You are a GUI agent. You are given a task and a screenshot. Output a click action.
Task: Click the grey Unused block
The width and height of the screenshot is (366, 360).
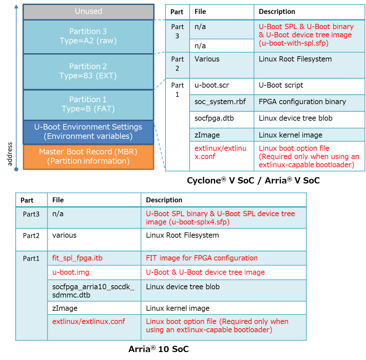(x=88, y=12)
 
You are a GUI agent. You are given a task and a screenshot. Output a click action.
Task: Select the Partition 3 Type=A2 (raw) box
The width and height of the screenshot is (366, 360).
(x=88, y=36)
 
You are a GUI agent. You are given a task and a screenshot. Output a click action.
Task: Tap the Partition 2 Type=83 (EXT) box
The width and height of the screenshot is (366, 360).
(x=88, y=71)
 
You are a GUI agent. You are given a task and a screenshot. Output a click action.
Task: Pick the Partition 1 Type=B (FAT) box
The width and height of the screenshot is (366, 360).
(x=88, y=104)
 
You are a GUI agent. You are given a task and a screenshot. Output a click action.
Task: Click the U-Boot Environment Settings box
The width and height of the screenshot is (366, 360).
(x=88, y=132)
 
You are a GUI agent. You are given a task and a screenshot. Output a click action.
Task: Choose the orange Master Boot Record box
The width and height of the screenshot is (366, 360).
(x=88, y=157)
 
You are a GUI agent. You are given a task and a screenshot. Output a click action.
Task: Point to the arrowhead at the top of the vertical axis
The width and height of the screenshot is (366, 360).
(x=16, y=7)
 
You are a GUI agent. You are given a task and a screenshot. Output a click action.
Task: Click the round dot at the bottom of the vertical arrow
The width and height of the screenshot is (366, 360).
(x=16, y=169)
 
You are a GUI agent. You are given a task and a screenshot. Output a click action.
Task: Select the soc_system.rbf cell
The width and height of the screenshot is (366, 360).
(x=220, y=102)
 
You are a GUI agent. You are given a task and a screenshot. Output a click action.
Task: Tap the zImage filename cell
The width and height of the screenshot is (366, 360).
(x=207, y=135)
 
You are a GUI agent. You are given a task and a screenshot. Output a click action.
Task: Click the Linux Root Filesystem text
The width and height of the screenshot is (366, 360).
(x=295, y=60)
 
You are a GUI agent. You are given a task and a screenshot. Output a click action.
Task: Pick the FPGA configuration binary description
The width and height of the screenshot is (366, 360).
(x=302, y=102)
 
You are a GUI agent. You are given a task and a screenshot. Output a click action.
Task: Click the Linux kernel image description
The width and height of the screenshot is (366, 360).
(x=291, y=135)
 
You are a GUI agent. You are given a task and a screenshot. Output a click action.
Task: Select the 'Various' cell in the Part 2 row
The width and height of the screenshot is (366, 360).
(x=207, y=60)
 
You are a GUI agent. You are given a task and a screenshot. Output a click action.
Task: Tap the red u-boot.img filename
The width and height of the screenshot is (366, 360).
(x=71, y=272)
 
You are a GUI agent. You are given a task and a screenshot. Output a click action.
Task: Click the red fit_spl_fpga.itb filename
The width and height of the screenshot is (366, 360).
(x=77, y=258)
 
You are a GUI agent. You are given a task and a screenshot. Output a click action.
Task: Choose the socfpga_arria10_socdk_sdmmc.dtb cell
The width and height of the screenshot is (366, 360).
(x=93, y=291)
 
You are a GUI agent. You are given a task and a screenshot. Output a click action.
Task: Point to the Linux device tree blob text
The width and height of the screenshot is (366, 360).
(x=183, y=287)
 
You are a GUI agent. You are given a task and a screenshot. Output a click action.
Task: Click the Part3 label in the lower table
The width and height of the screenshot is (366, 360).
(x=31, y=215)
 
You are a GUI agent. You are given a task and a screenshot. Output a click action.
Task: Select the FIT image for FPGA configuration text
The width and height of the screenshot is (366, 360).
(x=202, y=258)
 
